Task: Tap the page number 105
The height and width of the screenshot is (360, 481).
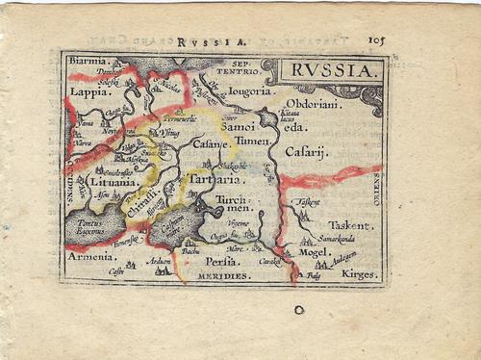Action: coord(376,40)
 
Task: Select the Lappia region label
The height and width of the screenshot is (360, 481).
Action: coord(89,92)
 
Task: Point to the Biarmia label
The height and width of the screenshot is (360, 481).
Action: coord(89,61)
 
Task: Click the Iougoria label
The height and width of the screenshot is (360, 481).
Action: coord(248,93)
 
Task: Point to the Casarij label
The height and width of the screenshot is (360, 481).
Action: coord(308,152)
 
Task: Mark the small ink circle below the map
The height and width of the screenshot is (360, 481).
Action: coord(299,309)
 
